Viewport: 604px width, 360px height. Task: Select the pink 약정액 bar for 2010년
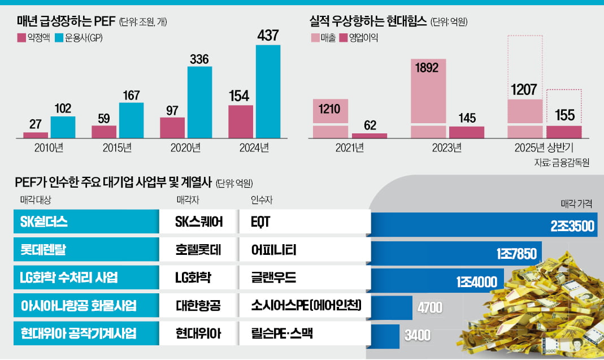36,135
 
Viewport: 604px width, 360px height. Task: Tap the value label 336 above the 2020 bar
200,59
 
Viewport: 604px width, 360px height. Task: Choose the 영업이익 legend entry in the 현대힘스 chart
359,38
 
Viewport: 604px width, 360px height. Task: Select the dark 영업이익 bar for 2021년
370,135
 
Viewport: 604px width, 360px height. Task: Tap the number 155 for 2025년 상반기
564,115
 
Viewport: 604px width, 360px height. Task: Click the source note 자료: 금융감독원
561,163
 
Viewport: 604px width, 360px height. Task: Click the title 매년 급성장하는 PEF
66,22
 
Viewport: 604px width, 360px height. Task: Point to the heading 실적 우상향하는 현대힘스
368,21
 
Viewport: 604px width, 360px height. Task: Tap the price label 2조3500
572,227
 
